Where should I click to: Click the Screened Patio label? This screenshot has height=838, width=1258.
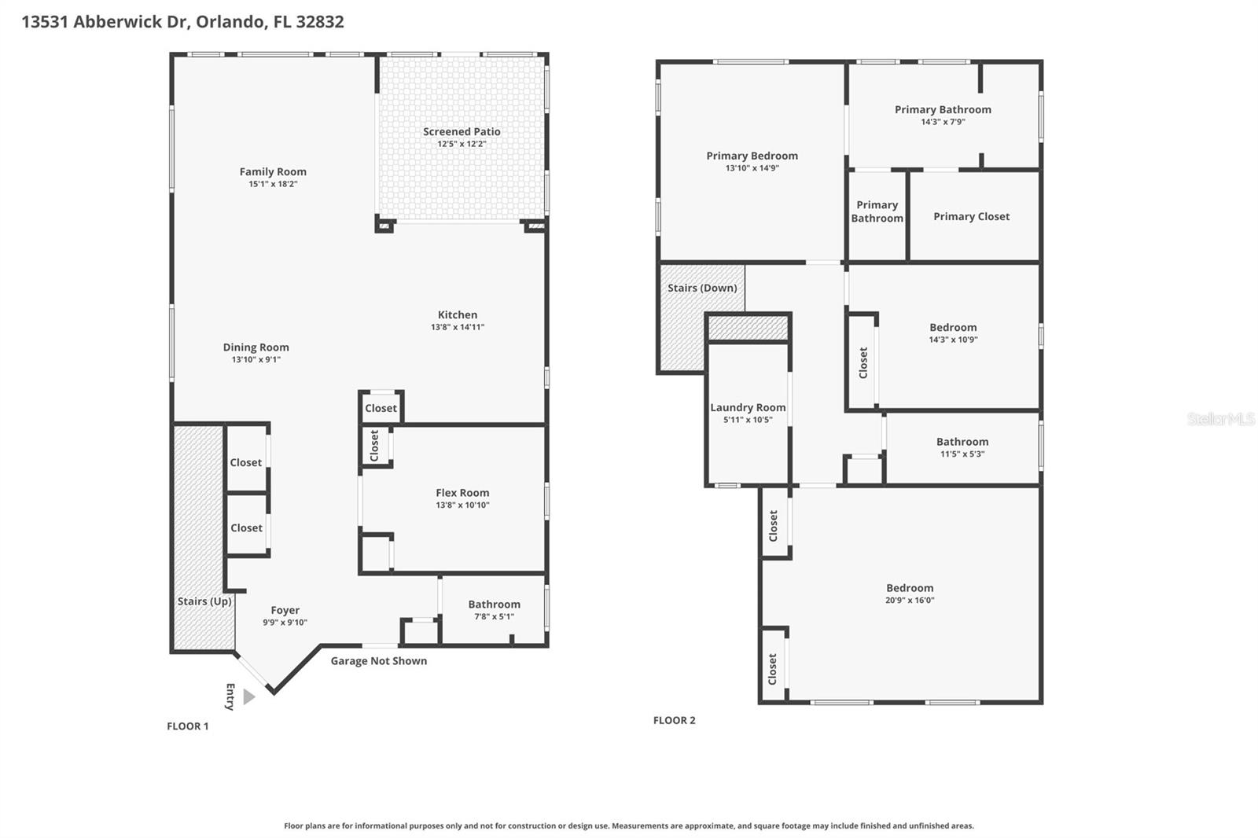click(x=462, y=131)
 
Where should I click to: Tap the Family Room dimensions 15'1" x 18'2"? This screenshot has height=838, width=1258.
click(x=273, y=184)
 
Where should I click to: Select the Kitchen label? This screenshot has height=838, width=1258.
click(x=458, y=314)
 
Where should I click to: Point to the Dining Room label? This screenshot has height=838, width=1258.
click(x=256, y=347)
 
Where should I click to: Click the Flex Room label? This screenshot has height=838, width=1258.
click(x=462, y=493)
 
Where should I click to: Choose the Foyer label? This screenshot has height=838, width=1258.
click(x=285, y=610)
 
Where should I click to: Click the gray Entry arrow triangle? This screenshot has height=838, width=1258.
click(x=248, y=696)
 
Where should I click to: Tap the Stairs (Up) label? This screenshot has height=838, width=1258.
click(x=204, y=601)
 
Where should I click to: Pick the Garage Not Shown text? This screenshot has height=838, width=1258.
click(x=378, y=661)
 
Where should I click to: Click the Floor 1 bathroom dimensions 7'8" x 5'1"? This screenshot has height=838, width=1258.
click(x=494, y=616)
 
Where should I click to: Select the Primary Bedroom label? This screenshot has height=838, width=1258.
click(x=752, y=156)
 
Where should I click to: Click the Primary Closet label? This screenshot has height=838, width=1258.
click(x=971, y=216)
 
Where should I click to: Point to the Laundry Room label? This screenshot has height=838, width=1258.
click(x=748, y=407)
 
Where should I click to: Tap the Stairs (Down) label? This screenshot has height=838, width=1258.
click(x=702, y=288)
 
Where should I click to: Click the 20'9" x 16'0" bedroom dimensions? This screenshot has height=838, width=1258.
click(x=910, y=600)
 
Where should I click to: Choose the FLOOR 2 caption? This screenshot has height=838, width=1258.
click(x=674, y=720)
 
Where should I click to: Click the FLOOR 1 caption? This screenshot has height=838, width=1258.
click(x=187, y=726)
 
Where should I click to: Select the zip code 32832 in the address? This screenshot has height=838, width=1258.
click(x=319, y=21)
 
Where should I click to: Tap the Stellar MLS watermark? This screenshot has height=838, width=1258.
click(x=1220, y=419)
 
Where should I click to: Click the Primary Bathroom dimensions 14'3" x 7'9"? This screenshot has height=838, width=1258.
click(x=943, y=122)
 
